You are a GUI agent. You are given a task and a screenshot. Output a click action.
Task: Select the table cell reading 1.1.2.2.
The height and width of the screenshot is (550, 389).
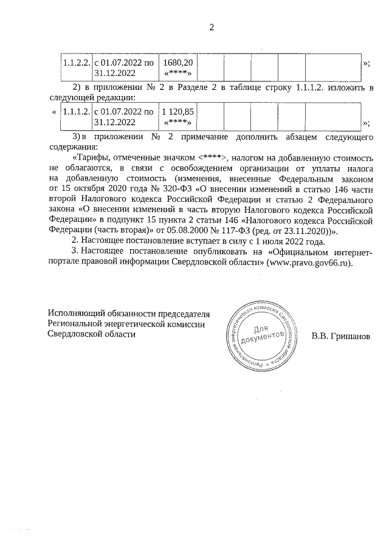77,63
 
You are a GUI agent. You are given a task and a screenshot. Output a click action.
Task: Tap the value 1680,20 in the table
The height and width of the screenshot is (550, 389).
178,63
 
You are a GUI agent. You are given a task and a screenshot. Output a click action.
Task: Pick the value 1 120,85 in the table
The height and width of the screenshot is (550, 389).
178,112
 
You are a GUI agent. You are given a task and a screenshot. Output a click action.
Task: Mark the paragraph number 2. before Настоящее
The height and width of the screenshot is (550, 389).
75,242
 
